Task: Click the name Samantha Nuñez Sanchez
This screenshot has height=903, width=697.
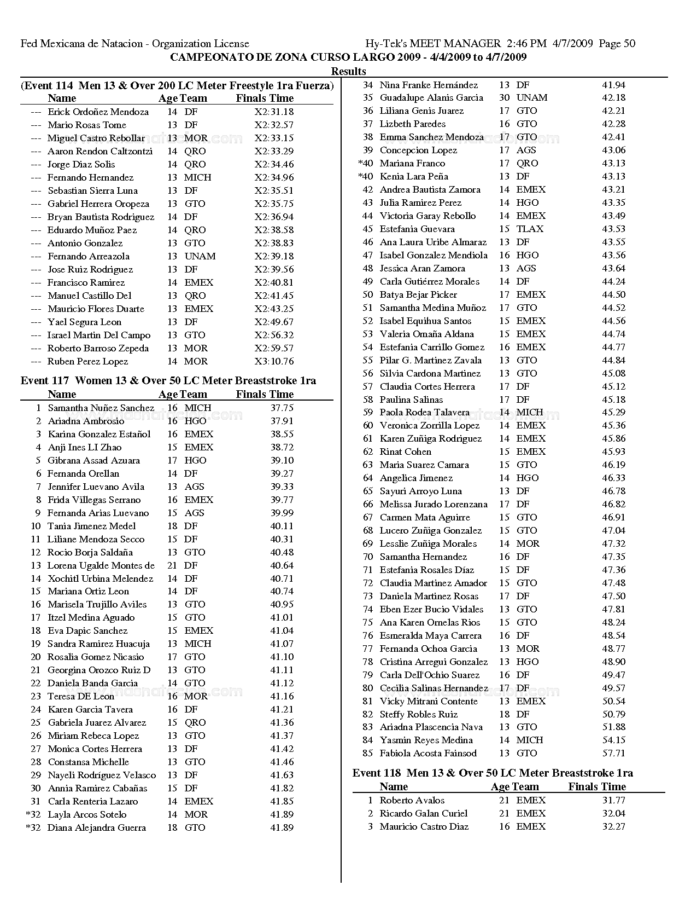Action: [101, 408]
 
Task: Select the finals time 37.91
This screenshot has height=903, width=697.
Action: [282, 421]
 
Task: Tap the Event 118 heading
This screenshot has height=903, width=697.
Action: [493, 773]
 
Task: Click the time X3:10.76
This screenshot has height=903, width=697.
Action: [274, 361]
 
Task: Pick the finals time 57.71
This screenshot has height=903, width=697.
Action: [613, 753]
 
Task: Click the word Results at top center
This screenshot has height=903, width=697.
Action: [348, 71]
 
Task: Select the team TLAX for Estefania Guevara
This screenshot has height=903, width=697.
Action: [530, 229]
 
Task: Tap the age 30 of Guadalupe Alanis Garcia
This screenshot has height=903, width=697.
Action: [504, 97]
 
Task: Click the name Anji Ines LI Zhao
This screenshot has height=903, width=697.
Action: [85, 447]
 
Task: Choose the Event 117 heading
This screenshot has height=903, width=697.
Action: [168, 380]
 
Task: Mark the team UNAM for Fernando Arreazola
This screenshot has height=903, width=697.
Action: [200, 256]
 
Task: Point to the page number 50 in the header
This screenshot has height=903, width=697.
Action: [629, 44]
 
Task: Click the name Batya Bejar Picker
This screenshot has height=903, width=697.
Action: [418, 294]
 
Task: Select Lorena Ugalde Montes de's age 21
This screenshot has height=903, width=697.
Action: [172, 565]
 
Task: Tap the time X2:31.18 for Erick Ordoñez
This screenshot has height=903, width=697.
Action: [274, 112]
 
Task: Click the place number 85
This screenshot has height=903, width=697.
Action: [368, 753]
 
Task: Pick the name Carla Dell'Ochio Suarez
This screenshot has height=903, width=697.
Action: [430, 675]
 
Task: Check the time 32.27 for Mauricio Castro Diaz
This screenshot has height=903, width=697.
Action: [613, 826]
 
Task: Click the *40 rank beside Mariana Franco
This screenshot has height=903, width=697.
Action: [365, 163]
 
